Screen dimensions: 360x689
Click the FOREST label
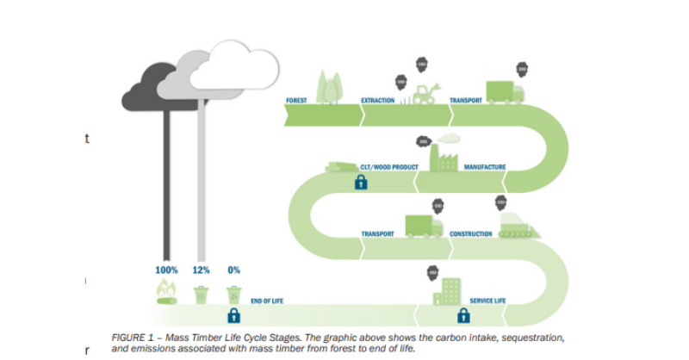pyautogui.click(x=296, y=101)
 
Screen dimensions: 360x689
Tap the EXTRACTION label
pyautogui.click(x=377, y=101)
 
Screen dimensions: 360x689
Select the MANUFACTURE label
pyautogui.click(x=485, y=167)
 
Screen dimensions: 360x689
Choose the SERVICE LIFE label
pyautogui.click(x=487, y=301)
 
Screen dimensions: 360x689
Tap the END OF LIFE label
pyautogui.click(x=268, y=301)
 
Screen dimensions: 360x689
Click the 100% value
pyautogui.click(x=166, y=270)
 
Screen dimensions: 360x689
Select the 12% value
pyautogui.click(x=201, y=270)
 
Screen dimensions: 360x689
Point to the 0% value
pyautogui.click(x=233, y=270)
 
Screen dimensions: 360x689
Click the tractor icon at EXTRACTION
pyautogui.click(x=425, y=94)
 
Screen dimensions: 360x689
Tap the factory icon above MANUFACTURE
pyautogui.click(x=445, y=155)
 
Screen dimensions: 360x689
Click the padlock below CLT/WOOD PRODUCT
pyautogui.click(x=361, y=182)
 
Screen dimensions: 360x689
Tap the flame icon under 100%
pyautogui.click(x=165, y=294)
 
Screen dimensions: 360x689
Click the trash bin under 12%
pyautogui.click(x=201, y=294)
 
